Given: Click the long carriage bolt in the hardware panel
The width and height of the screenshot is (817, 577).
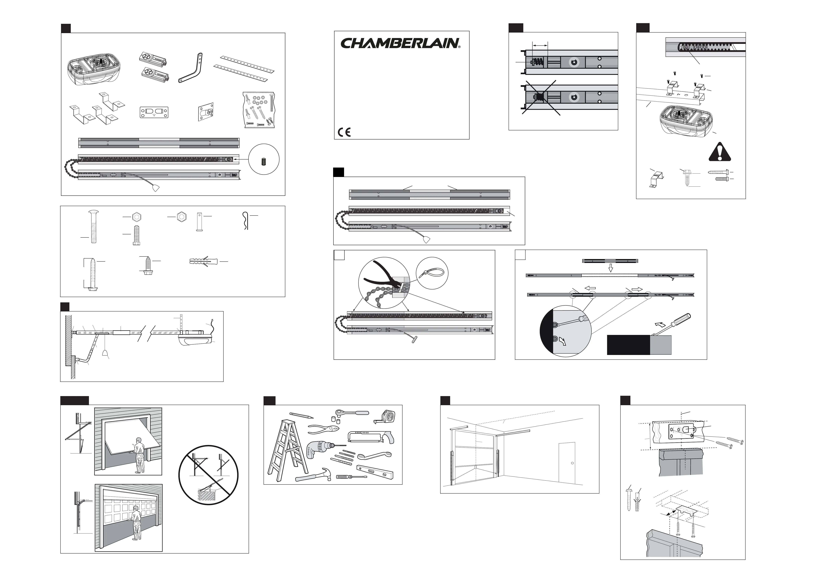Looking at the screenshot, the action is pyautogui.click(x=93, y=226).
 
